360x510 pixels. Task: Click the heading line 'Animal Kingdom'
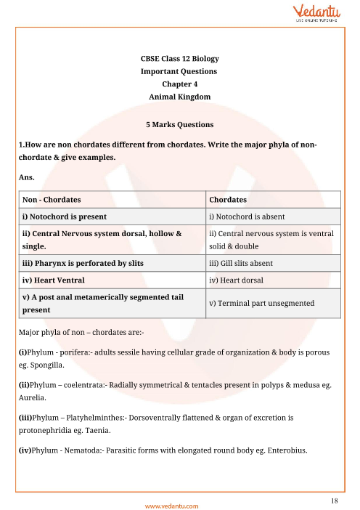point(179,96)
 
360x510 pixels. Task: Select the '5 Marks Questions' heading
point(179,124)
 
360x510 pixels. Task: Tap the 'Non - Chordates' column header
point(52,199)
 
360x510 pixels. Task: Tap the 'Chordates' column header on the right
point(228,199)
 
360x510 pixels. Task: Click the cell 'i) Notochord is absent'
point(247,216)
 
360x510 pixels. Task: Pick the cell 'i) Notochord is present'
point(65,216)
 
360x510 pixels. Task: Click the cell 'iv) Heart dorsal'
point(237,280)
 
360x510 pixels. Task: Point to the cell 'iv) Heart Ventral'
point(54,280)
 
